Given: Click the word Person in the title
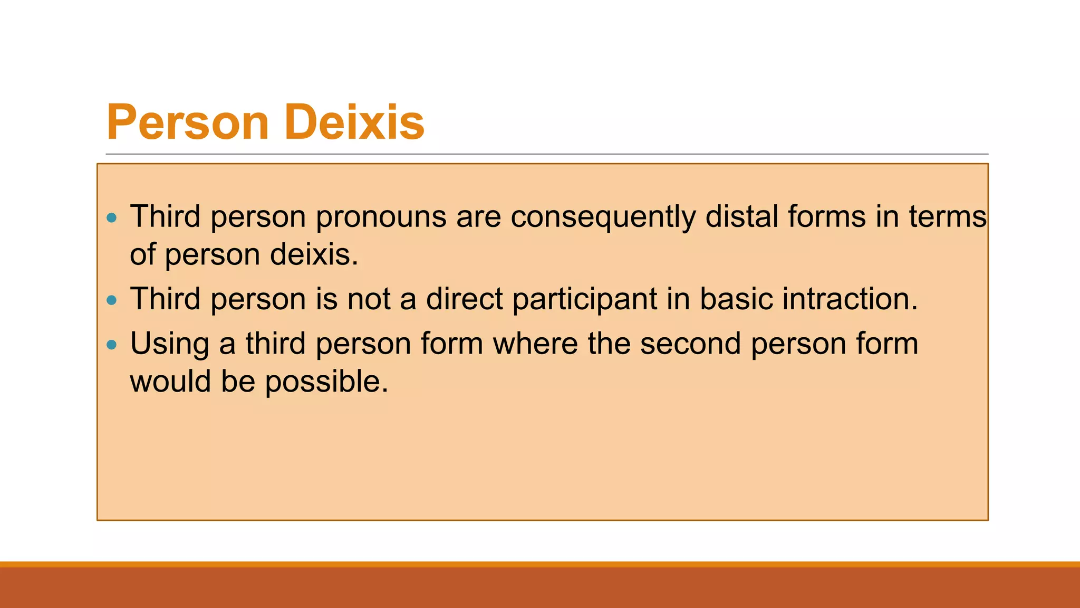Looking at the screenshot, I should (188, 122).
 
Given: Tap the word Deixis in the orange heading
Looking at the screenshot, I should (354, 122).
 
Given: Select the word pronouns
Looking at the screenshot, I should (381, 217).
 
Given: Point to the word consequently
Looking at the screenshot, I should (603, 217).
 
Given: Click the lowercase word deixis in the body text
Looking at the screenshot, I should (314, 254).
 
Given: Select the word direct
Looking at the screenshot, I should (464, 299).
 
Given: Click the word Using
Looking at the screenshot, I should (170, 344).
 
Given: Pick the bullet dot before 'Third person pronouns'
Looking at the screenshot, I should (111, 217).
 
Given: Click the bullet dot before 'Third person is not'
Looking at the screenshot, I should (111, 300).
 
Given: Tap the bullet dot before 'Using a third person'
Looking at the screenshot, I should (111, 345).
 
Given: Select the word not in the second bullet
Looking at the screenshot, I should (369, 299).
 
